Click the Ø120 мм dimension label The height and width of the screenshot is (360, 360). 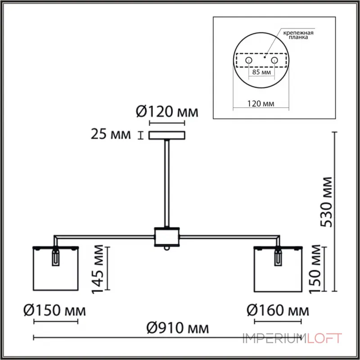click(167, 112)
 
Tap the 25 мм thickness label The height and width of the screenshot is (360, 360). click(111, 134)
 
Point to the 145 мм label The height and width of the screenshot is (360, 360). click(98, 269)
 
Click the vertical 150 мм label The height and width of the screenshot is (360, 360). click(315, 269)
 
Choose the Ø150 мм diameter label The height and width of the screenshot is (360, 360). click(54, 310)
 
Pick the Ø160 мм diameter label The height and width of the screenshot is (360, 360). click(278, 310)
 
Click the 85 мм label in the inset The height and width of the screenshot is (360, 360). click(261, 72)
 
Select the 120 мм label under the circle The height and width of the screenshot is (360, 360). click(261, 103)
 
